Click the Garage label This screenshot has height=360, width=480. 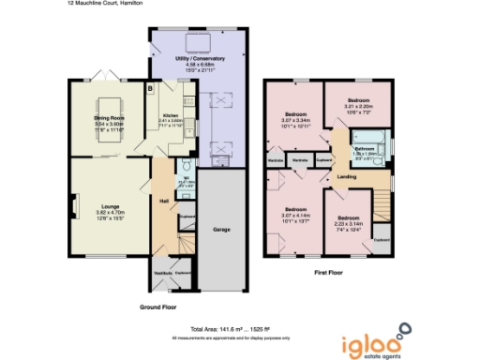tap(223, 229)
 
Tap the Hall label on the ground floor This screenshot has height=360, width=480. tap(163, 202)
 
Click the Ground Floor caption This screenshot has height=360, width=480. tap(157, 307)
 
